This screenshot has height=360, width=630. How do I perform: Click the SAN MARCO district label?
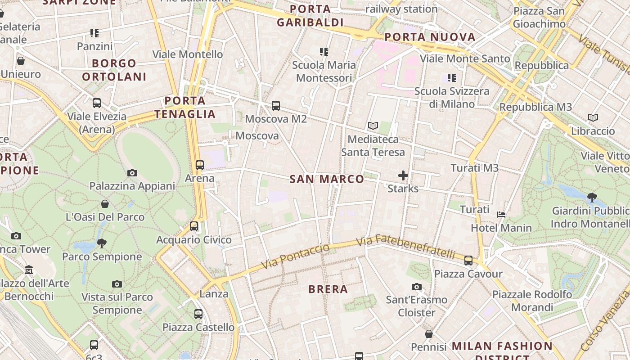[327, 179]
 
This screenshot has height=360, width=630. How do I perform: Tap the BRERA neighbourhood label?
[328, 289]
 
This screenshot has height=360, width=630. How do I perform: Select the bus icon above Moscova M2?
[276, 106]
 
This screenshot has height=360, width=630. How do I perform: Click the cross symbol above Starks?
[403, 175]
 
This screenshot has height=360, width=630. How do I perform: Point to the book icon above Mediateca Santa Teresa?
[373, 126]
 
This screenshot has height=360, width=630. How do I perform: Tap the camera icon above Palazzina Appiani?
[132, 173]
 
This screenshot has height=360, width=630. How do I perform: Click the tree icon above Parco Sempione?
[102, 243]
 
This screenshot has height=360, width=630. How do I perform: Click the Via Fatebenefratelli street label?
[406, 247]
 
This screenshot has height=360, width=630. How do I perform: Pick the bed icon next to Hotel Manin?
[501, 215]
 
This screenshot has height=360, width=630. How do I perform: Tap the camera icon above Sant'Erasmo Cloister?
[417, 287]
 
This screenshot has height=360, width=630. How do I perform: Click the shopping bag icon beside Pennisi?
[429, 334]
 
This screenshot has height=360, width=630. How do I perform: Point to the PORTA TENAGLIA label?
[185, 107]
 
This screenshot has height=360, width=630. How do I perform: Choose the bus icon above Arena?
[200, 165]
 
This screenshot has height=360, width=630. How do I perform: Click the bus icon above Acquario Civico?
[194, 226]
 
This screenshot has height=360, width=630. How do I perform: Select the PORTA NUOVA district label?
[430, 37]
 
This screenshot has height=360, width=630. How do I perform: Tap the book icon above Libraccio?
[593, 118]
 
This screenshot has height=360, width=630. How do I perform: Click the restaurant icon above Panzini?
[94, 33]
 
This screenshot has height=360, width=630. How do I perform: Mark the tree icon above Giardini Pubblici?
[592, 197]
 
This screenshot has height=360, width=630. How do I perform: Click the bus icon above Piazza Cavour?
[468, 260]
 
